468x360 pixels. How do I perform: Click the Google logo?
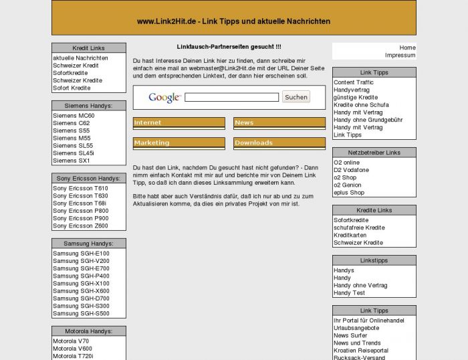tap(164, 98)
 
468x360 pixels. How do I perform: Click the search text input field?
tap(231, 97)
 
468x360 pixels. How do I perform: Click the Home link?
tap(407, 48)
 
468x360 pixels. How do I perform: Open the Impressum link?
tap(400, 56)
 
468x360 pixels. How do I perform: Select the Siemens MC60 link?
tap(74, 115)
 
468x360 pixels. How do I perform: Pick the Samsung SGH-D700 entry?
tap(81, 298)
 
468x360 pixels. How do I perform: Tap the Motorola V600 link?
tap(72, 349)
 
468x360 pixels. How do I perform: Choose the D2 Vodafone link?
tap(351, 170)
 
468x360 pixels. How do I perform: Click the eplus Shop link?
tap(349, 193)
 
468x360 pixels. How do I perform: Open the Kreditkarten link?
tap(350, 235)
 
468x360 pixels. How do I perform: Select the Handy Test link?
tap(349, 293)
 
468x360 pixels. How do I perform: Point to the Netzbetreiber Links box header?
tap(374, 153)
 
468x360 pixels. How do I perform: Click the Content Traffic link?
tap(354, 82)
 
